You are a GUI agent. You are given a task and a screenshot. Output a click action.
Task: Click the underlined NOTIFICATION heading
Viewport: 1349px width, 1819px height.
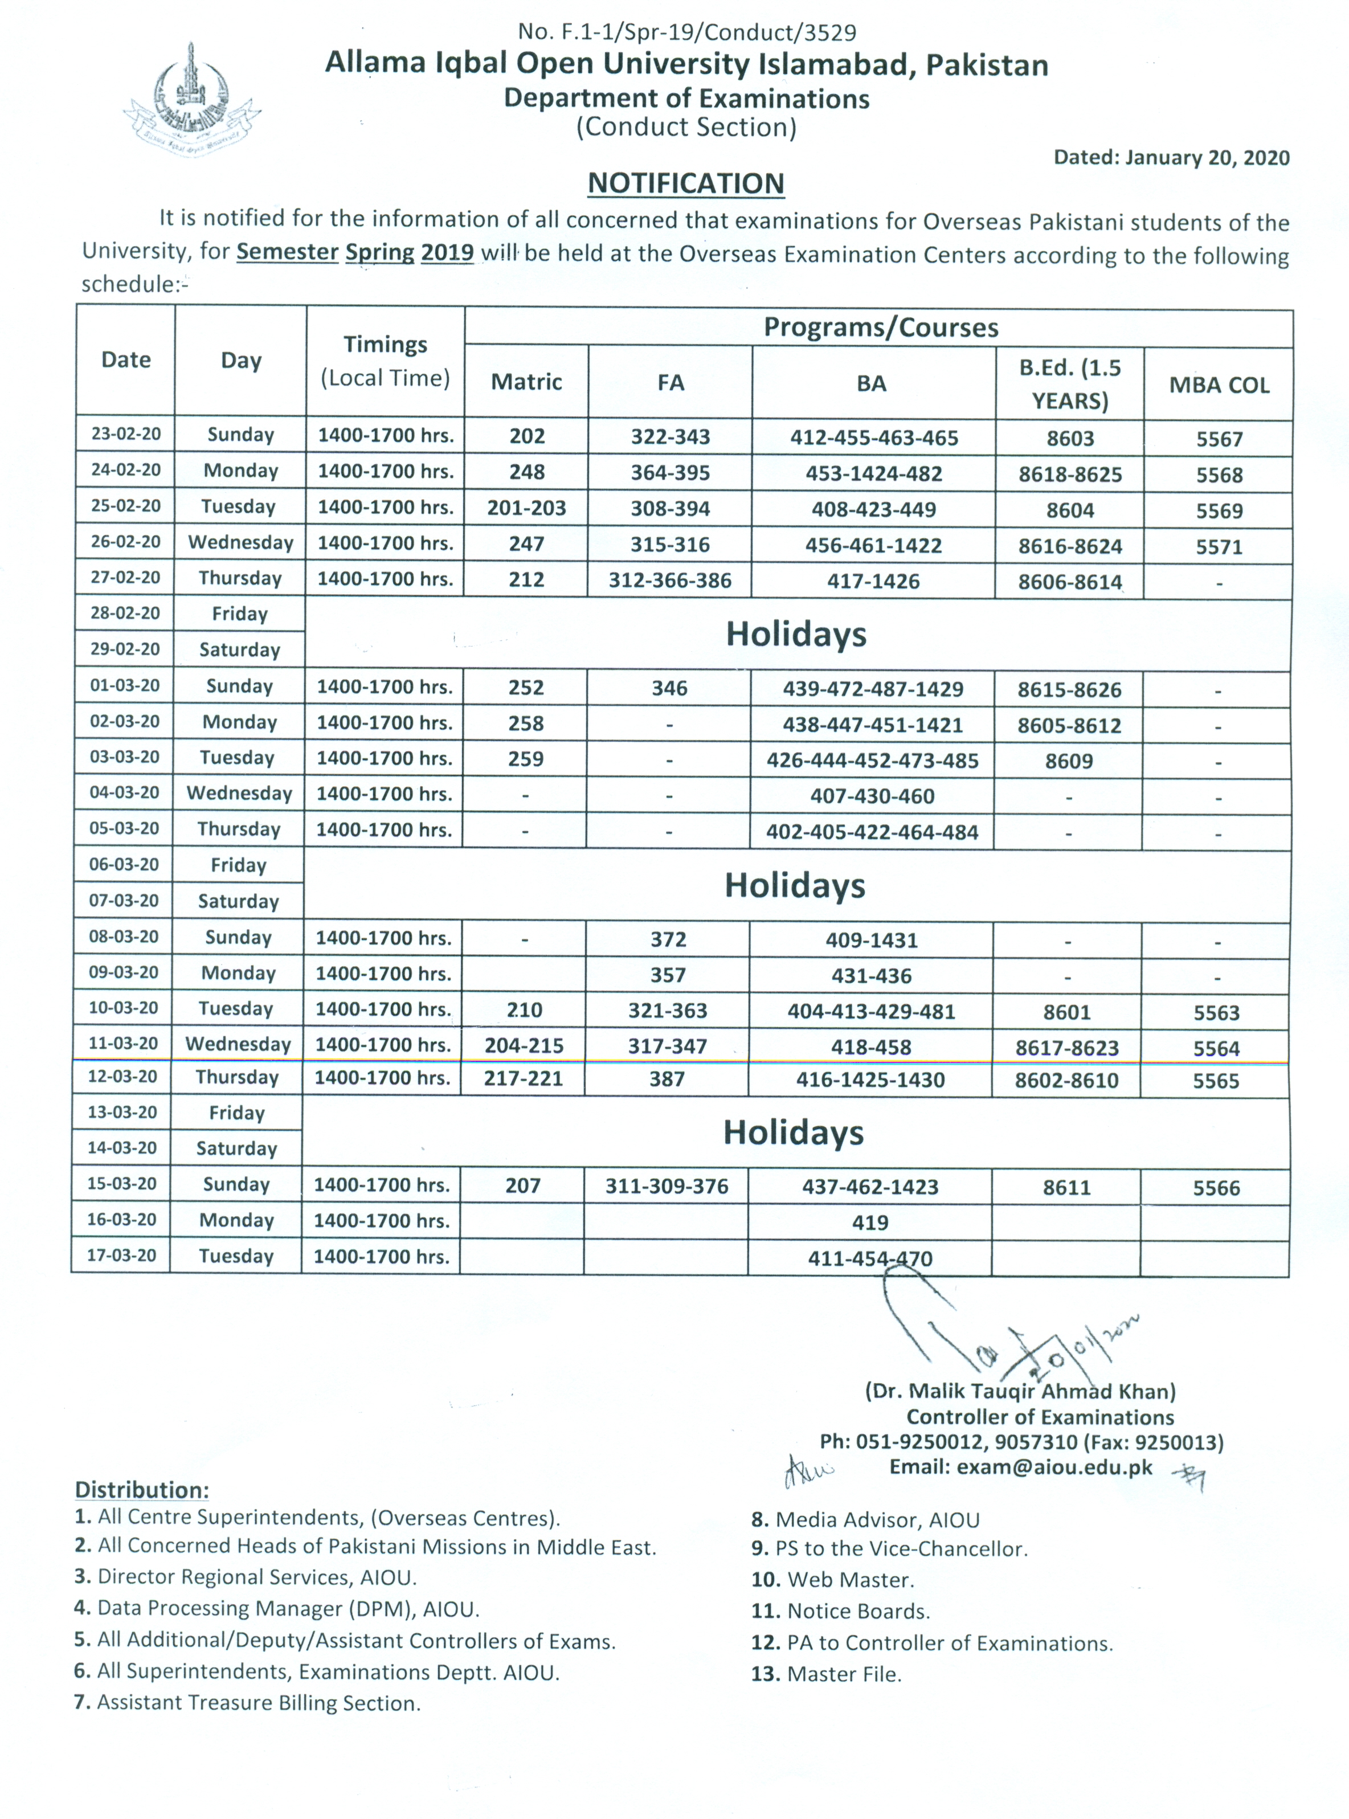[686, 183]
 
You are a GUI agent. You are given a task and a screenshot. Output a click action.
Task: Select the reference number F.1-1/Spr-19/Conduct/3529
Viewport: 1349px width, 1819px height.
[687, 32]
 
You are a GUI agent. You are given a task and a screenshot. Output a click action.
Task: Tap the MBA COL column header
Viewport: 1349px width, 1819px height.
[1219, 385]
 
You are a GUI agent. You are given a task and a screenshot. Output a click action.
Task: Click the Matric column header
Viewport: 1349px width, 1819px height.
[527, 382]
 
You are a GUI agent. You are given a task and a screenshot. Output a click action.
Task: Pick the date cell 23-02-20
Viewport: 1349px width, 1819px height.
[126, 434]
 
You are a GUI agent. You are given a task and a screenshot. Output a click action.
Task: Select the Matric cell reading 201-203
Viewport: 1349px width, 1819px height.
[527, 508]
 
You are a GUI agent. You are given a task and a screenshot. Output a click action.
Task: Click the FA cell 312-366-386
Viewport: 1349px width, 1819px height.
[669, 581]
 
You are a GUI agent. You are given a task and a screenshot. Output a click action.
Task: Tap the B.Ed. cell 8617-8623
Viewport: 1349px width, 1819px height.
[1067, 1048]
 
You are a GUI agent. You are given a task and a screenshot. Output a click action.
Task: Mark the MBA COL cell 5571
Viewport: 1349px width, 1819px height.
[1219, 546]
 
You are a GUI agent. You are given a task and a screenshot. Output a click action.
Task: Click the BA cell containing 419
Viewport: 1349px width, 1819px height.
[870, 1222]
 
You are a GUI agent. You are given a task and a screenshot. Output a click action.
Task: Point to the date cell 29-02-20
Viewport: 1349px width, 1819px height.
[125, 649]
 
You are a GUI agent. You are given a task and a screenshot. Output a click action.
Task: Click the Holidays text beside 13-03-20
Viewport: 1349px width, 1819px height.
[794, 1133]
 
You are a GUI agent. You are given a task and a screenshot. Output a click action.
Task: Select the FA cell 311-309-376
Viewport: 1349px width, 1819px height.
[667, 1186]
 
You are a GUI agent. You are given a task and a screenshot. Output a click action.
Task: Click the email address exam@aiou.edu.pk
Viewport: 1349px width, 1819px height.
[1021, 1467]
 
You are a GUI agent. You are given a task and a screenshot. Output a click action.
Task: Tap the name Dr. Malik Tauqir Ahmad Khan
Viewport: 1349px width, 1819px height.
[1021, 1391]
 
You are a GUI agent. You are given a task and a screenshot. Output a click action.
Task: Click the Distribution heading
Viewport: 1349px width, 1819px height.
[142, 1490]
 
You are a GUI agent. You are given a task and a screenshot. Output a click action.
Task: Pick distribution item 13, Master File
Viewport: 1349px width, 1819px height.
[827, 1674]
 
